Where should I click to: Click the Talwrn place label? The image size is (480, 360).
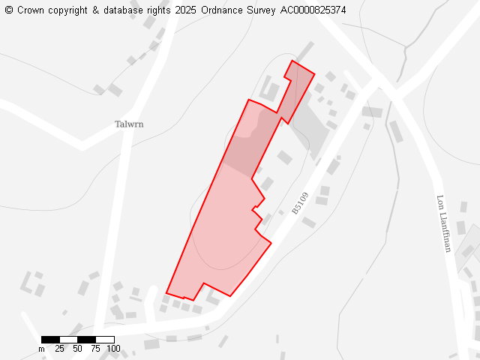pyautogui.click(x=129, y=124)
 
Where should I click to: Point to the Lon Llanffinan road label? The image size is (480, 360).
pyautogui.click(x=442, y=223)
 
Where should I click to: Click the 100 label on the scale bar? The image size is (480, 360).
pyautogui.click(x=112, y=349)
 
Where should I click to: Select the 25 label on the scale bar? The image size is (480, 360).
pyautogui.click(x=59, y=349)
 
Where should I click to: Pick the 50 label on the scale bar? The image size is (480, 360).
pyautogui.click(x=77, y=349)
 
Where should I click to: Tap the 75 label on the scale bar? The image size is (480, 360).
pyautogui.click(x=95, y=349)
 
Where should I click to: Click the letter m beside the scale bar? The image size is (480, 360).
pyautogui.click(x=42, y=349)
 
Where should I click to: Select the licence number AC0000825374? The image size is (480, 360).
pyautogui.click(x=313, y=10)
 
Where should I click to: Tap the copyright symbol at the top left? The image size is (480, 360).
pyautogui.click(x=9, y=10)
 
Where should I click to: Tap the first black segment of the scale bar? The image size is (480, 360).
pyautogui.click(x=50, y=340)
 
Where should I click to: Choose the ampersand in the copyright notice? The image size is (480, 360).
pyautogui.click(x=96, y=10)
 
